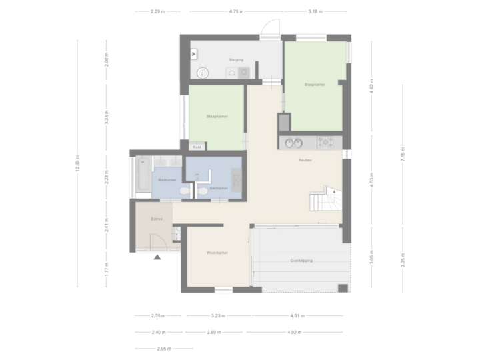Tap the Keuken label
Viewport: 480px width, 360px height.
[x=305, y=161]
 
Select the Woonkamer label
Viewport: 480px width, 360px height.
[x=218, y=253]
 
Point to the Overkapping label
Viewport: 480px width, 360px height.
[x=302, y=260]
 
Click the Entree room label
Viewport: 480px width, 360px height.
[x=157, y=219]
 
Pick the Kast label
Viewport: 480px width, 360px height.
[x=196, y=146]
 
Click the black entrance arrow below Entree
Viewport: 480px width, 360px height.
[x=157, y=257]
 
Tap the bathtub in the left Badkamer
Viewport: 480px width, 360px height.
[x=144, y=175]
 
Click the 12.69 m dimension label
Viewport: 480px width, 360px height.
[x=79, y=163]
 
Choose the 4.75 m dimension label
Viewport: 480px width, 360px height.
[x=235, y=11]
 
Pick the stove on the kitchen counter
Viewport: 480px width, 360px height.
[x=327, y=142]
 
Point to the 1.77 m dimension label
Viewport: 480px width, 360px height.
[x=107, y=269]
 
